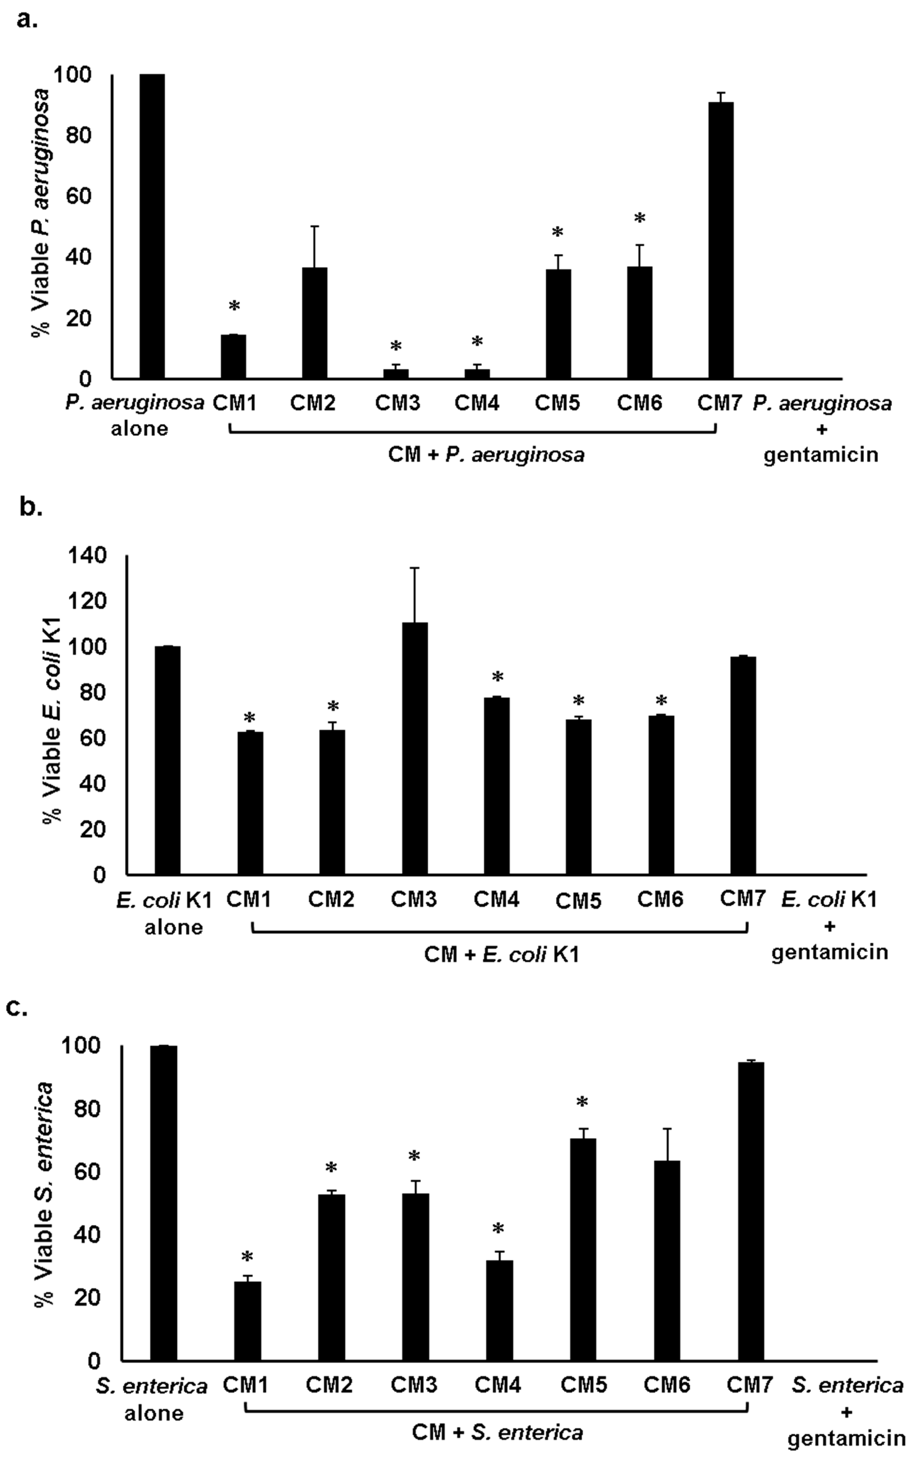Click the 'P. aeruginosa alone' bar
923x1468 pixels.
152,226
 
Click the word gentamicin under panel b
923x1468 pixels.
829,952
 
